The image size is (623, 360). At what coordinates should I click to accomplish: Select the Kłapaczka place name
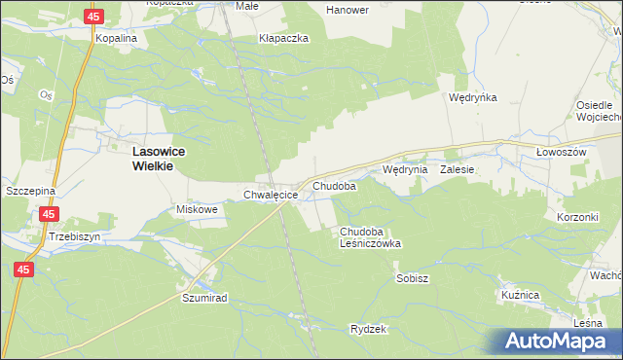click(x=283, y=38)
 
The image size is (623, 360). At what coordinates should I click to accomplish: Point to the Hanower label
click(x=348, y=10)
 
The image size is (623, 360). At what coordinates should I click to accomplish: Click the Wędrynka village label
click(x=473, y=97)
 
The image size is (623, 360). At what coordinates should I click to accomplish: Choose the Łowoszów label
click(x=561, y=154)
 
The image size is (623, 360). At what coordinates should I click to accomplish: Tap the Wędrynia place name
click(x=405, y=169)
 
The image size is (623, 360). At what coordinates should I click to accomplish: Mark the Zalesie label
click(x=457, y=169)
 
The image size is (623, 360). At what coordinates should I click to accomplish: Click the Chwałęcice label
click(x=270, y=195)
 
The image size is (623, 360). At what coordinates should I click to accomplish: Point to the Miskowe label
click(x=194, y=209)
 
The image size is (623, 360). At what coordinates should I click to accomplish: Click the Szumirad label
click(x=204, y=299)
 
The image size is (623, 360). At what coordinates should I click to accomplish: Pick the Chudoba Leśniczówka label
click(x=370, y=237)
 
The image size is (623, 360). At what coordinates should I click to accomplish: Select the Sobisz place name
click(x=413, y=278)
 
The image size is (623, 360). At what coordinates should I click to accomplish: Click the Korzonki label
click(x=577, y=217)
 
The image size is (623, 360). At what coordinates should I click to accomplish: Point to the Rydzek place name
click(x=369, y=329)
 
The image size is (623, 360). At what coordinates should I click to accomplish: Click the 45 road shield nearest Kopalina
click(x=93, y=18)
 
